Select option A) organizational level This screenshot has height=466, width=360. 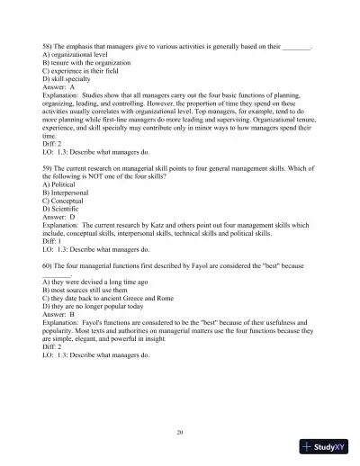click(78, 53)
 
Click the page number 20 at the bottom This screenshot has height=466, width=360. click(180, 434)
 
